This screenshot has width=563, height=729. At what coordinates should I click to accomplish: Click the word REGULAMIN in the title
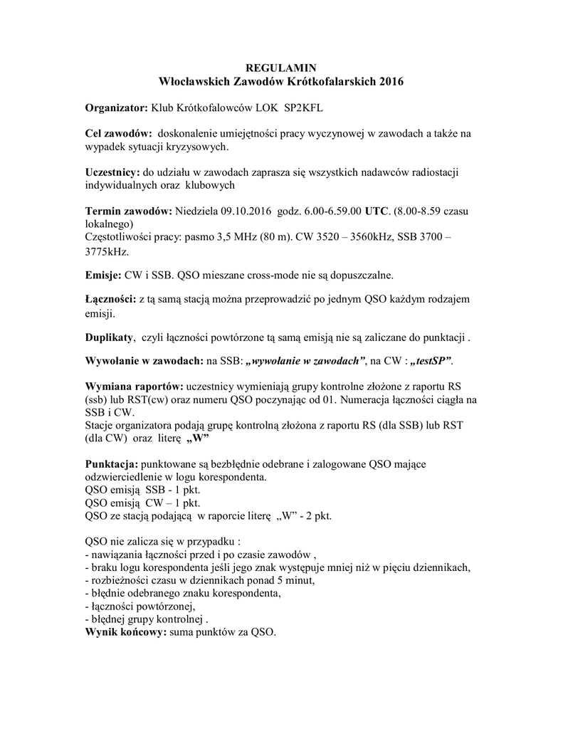pyautogui.click(x=280, y=68)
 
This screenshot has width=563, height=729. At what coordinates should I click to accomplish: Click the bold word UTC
pyautogui.click(x=377, y=212)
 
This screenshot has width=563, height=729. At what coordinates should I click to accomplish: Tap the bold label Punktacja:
pyautogui.click(x=115, y=465)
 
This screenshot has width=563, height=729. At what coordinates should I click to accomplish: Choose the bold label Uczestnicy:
pyautogui.click(x=112, y=174)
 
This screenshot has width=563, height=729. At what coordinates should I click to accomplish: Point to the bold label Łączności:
pyautogui.click(x=111, y=300)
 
